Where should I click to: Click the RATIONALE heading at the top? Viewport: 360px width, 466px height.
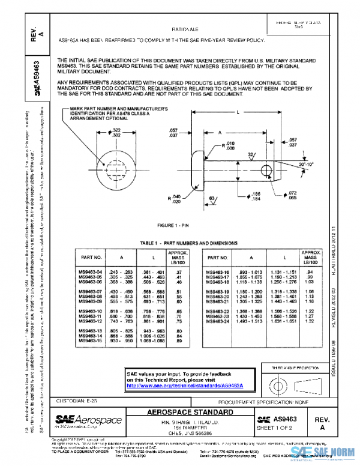pyautogui.click(x=185, y=28)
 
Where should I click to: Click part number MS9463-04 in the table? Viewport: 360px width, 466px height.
pyautogui.click(x=91, y=272)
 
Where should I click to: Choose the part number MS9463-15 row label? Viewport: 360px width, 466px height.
pyautogui.click(x=91, y=340)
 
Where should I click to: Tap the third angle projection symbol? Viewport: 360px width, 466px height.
pyautogui.click(x=287, y=383)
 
